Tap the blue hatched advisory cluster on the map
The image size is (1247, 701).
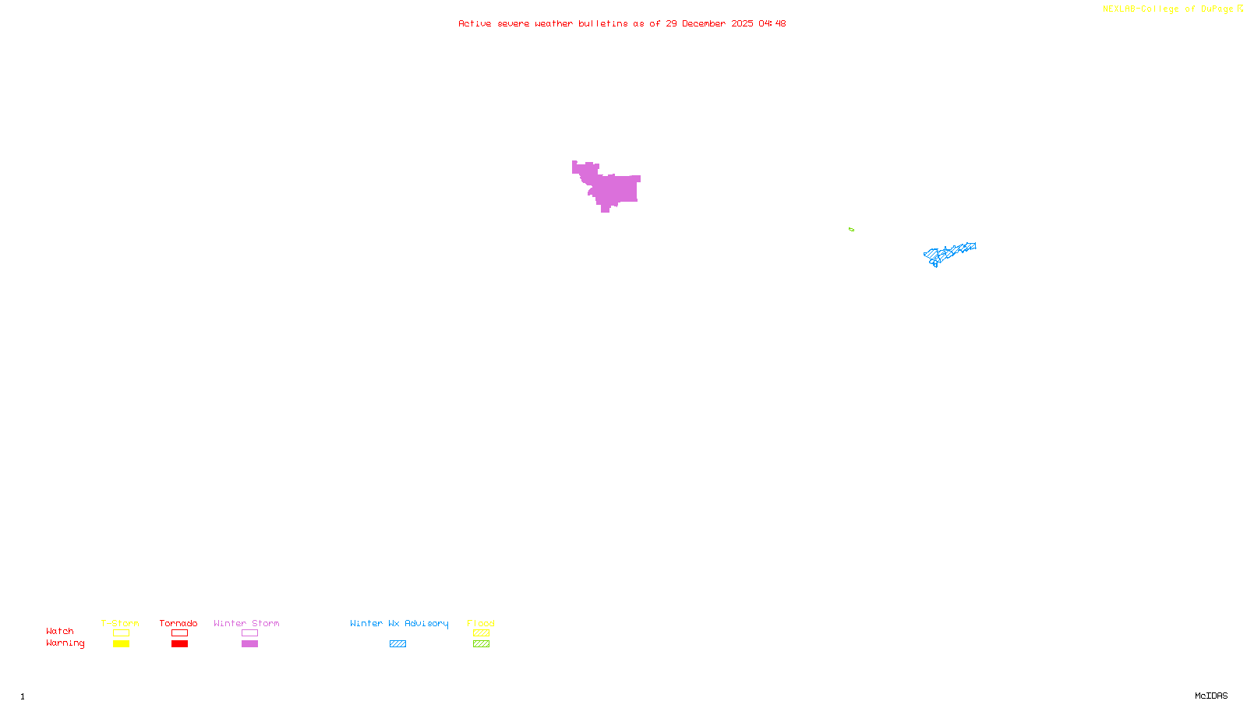tap(948, 253)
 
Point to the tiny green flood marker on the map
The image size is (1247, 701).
tap(851, 230)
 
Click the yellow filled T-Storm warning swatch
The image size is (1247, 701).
tap(121, 644)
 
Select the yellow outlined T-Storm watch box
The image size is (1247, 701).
tap(121, 633)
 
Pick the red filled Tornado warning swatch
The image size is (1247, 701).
tap(179, 644)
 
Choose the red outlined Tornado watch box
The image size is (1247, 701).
tap(179, 633)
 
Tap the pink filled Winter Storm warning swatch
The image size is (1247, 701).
tap(249, 644)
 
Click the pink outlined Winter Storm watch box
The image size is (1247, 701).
tap(249, 633)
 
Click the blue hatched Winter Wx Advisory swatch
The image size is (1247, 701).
tap(397, 644)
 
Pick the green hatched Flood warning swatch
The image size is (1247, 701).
tap(481, 644)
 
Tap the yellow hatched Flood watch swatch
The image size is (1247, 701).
tap(481, 633)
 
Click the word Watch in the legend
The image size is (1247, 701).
tap(60, 632)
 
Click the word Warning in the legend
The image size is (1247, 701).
tap(65, 643)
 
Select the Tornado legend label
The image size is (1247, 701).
tap(178, 623)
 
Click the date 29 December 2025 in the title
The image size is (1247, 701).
tap(709, 23)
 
